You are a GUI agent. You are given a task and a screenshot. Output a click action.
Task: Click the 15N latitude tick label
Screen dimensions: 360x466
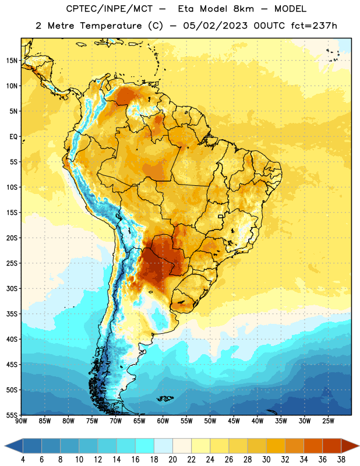point(12,61)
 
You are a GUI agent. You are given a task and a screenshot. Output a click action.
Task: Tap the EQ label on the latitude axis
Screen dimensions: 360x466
point(13,137)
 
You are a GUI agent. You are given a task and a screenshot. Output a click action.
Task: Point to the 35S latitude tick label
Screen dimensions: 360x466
point(12,314)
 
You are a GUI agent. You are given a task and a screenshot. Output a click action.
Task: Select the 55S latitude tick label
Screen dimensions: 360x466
point(12,415)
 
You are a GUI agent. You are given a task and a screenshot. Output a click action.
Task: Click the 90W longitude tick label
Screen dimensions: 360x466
point(21,421)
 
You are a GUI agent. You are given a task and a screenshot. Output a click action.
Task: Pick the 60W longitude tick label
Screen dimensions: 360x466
point(163,421)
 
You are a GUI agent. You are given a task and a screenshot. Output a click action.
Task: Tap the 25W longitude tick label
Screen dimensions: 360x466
point(328,421)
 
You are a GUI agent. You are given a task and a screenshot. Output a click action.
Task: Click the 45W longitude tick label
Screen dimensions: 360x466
point(234,421)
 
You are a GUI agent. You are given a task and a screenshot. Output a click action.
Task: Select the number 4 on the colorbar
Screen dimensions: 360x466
point(23,460)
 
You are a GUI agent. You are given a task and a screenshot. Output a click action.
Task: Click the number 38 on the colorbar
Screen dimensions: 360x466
point(341,460)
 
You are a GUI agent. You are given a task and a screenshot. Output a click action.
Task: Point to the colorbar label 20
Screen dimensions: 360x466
point(172,460)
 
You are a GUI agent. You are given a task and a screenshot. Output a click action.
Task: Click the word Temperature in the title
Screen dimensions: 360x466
point(111,26)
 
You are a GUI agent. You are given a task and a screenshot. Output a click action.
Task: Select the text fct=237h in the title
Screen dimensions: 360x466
point(314,26)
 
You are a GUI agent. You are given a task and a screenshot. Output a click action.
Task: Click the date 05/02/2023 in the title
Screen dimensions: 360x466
point(215,26)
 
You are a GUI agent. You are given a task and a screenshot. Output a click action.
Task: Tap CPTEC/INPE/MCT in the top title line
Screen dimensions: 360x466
point(109,9)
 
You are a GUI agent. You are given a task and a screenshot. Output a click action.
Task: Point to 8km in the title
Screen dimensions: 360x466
point(243,9)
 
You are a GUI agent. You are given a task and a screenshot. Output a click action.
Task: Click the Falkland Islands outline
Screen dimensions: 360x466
point(165,398)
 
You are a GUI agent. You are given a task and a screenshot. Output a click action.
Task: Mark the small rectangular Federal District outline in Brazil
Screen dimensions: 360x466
point(220,216)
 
